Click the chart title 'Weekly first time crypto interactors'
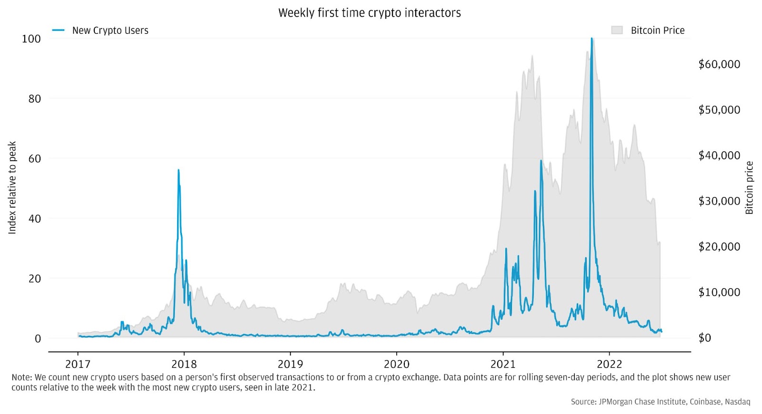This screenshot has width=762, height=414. (370, 13)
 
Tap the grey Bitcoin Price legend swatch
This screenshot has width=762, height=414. (617, 30)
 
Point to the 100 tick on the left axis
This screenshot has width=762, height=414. (31, 39)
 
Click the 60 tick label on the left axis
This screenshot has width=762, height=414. (35, 159)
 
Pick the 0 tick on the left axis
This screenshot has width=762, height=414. (38, 339)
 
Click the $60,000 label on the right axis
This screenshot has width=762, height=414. (719, 64)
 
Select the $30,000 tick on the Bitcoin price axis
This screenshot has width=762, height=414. (719, 201)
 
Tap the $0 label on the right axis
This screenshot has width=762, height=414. (704, 338)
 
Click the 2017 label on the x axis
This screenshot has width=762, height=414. (78, 364)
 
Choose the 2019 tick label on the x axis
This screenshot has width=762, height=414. (290, 364)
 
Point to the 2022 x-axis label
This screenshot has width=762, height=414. (609, 364)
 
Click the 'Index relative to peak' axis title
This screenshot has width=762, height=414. (12, 188)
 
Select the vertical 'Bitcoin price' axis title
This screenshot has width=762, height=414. (749, 188)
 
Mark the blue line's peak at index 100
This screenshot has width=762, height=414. (592, 39)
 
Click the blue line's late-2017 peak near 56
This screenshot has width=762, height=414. (179, 170)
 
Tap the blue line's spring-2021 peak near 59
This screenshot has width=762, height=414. (541, 161)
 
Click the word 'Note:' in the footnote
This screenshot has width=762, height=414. (21, 377)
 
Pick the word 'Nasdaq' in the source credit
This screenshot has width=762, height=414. (737, 402)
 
